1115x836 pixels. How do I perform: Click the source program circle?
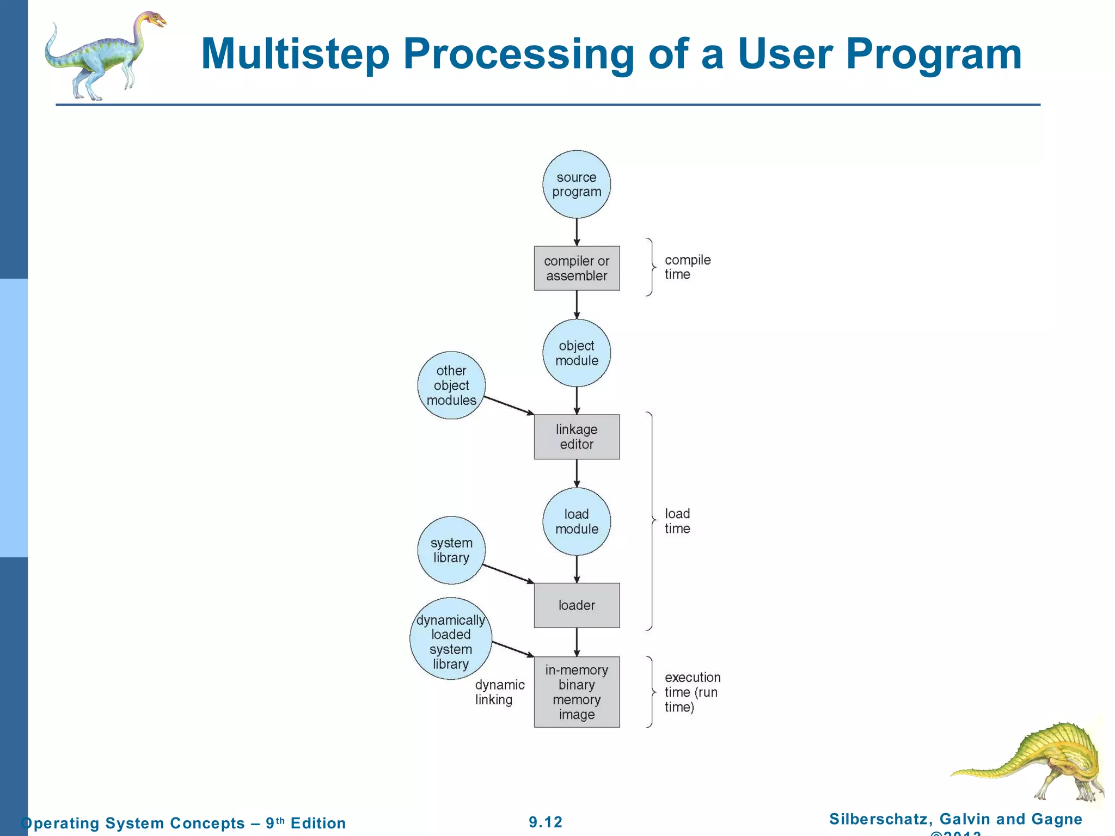(577, 185)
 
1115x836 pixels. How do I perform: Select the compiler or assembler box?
(577, 268)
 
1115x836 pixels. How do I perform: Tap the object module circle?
(577, 353)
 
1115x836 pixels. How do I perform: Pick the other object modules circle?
(451, 385)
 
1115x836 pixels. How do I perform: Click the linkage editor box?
(577, 437)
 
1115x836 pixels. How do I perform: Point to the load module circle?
(577, 521)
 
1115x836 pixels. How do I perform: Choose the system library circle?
(451, 550)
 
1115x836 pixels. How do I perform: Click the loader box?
(577, 605)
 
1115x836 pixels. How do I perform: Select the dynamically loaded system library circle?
(451, 639)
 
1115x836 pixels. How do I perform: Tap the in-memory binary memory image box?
(577, 692)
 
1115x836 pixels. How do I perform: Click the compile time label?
(687, 267)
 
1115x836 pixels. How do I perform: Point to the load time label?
(677, 521)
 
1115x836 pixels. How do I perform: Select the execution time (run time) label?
(692, 692)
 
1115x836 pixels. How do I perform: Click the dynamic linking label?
(499, 692)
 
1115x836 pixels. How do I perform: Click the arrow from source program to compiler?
(577, 232)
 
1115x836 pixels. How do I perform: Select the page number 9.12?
(546, 822)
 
